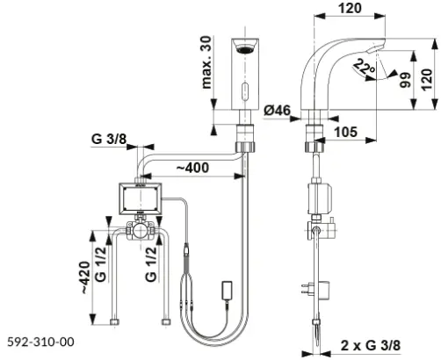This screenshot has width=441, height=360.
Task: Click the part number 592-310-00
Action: tap(40, 342)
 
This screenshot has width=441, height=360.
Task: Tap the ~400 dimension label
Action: tap(192, 168)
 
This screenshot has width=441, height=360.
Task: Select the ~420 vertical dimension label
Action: tap(85, 277)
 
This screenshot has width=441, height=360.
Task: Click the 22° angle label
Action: tap(364, 68)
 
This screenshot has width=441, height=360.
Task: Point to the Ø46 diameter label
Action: tap(278, 111)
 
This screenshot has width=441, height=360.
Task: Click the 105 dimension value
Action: tap(345, 132)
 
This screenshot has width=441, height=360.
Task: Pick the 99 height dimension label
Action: tap(406, 80)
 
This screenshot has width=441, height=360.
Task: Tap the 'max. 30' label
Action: tap(206, 62)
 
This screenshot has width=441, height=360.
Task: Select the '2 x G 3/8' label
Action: tap(371, 346)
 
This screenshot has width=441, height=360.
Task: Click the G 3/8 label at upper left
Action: tap(109, 139)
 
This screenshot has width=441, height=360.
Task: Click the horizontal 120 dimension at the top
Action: tap(350, 8)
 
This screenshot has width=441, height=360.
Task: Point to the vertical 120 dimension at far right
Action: tap(427, 80)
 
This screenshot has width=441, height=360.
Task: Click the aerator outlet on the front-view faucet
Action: tap(245, 49)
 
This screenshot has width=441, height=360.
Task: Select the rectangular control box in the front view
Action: tap(141, 199)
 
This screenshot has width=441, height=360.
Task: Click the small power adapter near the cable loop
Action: tap(228, 291)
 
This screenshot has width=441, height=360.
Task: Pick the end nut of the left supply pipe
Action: tap(114, 322)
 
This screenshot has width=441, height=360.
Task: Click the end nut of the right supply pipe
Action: tap(166, 322)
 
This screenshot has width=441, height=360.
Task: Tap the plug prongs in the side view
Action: tap(305, 287)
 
